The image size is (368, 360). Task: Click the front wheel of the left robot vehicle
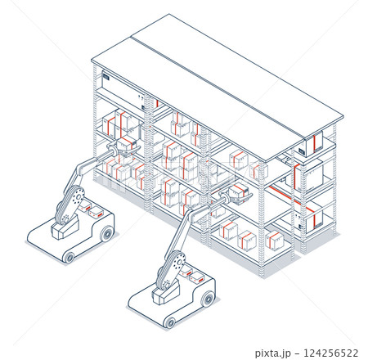coord(68,257)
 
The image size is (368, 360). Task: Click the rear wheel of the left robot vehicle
coord(106,235)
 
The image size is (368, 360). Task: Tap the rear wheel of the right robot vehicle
coord(209,299)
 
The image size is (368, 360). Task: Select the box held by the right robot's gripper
coord(237,191)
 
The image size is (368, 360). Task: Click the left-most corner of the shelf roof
coord(92,60)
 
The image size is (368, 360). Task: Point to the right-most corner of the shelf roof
coord(342,119)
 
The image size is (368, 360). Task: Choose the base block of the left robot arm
coord(62,230)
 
